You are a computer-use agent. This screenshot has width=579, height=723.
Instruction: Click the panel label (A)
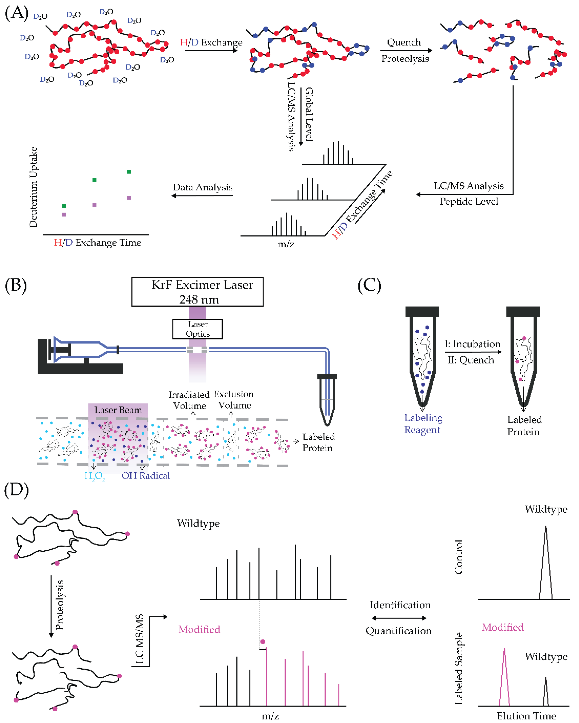pyautogui.click(x=16, y=13)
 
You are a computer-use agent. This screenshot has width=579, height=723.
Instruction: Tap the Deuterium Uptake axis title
pyautogui.click(x=33, y=187)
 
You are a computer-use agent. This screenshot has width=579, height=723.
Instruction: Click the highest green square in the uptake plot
pyautogui.click(x=129, y=172)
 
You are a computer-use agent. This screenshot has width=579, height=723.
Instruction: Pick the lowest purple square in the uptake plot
pyautogui.click(x=64, y=215)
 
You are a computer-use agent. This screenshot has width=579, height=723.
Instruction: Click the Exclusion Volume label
pyautogui.click(x=234, y=400)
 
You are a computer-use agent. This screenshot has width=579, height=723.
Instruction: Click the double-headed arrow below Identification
pyautogui.click(x=399, y=618)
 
